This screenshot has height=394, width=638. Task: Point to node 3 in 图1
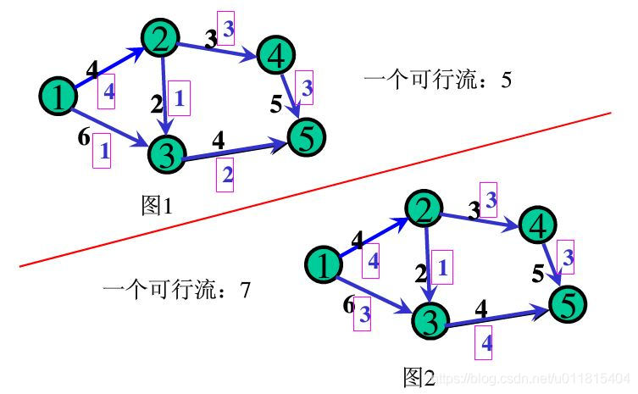click(167, 153)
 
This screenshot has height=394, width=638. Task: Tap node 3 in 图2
click(430, 320)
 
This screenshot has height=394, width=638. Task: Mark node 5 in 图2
click(569, 301)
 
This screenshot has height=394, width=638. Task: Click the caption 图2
click(419, 376)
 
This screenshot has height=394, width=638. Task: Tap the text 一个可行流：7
click(176, 291)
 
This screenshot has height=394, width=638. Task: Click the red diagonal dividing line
click(313, 191)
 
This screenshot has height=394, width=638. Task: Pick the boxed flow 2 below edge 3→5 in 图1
click(224, 175)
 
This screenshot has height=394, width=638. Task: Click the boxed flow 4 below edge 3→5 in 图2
click(485, 342)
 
